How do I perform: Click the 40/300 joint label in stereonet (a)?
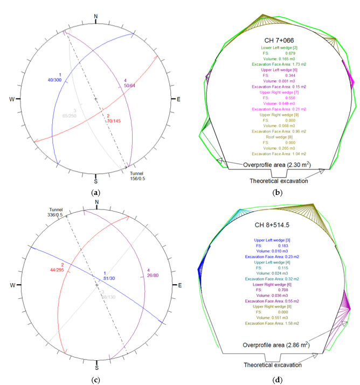60,77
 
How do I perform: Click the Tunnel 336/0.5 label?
57,212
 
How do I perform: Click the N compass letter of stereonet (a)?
96,17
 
